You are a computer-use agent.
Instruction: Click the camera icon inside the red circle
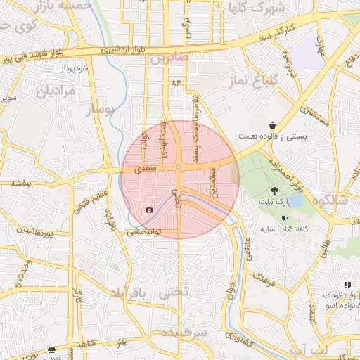(x=148, y=210)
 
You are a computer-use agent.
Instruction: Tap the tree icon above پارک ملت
(x=274, y=190)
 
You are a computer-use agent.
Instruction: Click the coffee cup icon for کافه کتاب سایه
(x=284, y=219)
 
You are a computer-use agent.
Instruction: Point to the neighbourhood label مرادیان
(x=55, y=91)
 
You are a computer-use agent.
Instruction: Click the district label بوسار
(x=100, y=110)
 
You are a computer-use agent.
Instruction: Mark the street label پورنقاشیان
(x=30, y=230)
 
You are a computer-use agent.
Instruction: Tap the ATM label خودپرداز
(x=72, y=68)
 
